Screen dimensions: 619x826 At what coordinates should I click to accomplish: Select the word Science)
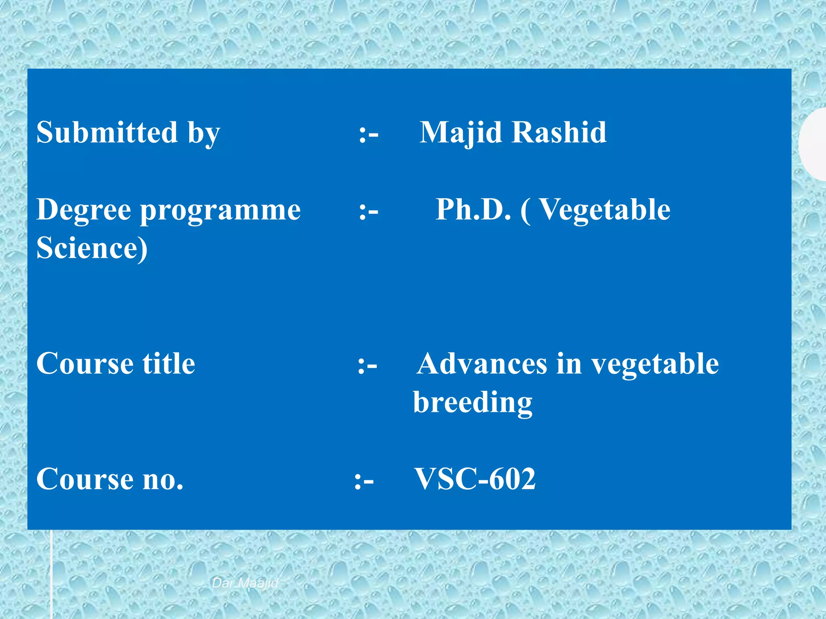click(92, 248)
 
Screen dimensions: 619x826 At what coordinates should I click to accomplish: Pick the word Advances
click(482, 364)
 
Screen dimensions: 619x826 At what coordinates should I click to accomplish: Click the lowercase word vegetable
click(655, 364)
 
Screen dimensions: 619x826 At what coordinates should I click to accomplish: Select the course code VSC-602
click(475, 479)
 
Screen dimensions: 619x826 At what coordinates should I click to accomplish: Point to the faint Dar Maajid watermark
click(245, 583)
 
